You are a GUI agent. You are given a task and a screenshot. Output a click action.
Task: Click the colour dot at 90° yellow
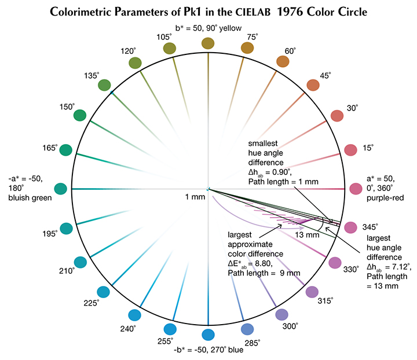(x=208, y=43)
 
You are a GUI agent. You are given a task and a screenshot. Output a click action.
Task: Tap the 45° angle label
(x=325, y=76)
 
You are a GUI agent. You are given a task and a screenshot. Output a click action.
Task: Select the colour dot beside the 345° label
(x=350, y=227)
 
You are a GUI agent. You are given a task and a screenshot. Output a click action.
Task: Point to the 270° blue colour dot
(x=208, y=335)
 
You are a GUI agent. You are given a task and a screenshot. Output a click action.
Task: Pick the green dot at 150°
(x=80, y=115)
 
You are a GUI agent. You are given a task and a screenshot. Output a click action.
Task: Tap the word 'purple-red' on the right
(x=385, y=198)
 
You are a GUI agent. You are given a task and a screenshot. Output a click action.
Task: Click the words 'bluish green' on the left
(x=30, y=198)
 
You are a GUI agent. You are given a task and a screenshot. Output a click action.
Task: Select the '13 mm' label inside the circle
(x=307, y=235)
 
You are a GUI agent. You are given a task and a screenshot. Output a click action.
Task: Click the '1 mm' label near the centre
(x=195, y=197)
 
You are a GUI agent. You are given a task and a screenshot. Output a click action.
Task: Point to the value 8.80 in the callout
(x=264, y=263)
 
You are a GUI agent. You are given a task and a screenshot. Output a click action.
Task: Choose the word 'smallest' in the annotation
(x=263, y=144)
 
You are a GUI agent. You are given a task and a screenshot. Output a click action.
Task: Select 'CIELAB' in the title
(x=253, y=12)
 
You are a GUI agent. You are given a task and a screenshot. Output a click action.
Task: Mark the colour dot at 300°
(x=281, y=315)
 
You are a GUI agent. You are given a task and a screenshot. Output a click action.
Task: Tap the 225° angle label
(x=92, y=303)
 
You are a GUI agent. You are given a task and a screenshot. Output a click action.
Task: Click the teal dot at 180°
(x=61, y=189)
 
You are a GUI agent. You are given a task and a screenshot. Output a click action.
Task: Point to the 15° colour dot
(x=350, y=150)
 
